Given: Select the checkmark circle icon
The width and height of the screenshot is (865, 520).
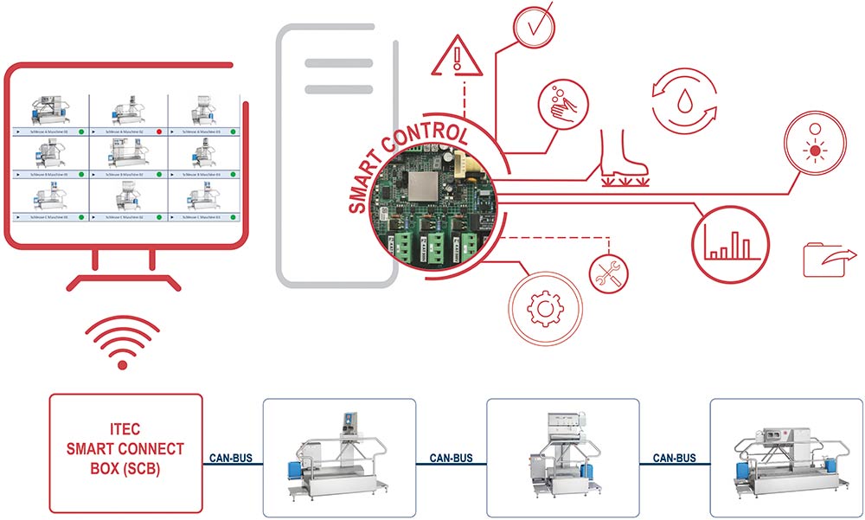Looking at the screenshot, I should pos(530,25).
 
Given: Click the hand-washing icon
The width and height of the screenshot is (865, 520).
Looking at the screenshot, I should pos(562,100).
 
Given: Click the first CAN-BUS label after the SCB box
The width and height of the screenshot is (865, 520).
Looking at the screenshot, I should pos(232,457).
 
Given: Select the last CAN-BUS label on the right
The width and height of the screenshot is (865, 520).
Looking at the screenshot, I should pos(676,457).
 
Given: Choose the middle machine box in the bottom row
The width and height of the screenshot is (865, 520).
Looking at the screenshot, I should pos(563,456).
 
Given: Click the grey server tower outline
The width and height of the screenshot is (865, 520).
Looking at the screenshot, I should pos(338,156).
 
